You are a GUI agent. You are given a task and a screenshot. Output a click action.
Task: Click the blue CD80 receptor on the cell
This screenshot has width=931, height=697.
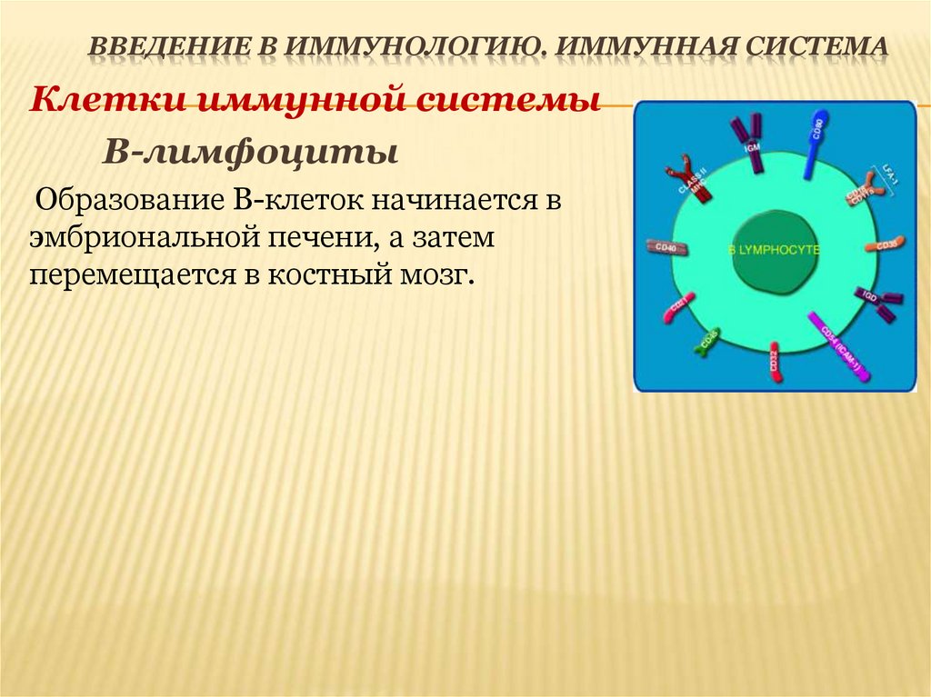[x=812, y=144]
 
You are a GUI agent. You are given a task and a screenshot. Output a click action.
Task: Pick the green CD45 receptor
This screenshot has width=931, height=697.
[x=707, y=340]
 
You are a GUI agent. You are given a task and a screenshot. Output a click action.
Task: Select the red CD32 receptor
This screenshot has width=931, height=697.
[x=775, y=362]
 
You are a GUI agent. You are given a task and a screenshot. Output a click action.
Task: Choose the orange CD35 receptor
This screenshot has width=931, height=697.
[x=883, y=245]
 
